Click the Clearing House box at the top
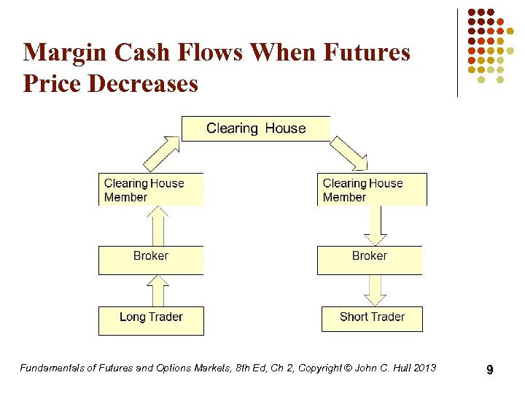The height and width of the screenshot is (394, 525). click(x=256, y=128)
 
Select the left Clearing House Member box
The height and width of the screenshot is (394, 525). click(x=151, y=190)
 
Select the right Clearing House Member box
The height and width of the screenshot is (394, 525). click(x=372, y=190)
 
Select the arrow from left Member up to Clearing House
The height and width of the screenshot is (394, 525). click(x=162, y=152)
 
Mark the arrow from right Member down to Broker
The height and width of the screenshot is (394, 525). click(x=375, y=226)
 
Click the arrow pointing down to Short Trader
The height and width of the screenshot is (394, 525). click(x=375, y=290)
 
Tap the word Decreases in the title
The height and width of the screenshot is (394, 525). click(x=143, y=83)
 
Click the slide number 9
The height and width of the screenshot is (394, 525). click(x=490, y=371)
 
